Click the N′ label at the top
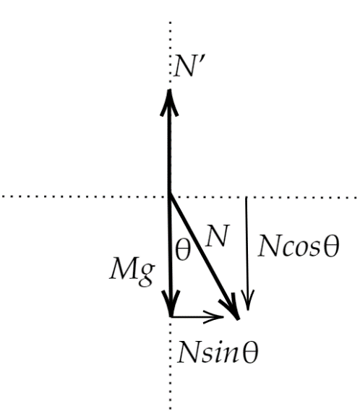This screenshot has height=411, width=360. point(186,66)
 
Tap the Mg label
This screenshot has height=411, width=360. point(132,272)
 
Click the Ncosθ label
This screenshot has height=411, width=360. point(299,246)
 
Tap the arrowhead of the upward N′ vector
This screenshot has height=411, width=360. point(169,103)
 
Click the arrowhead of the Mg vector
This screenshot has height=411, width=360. point(171,303)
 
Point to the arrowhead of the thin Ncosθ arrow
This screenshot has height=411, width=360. point(247,300)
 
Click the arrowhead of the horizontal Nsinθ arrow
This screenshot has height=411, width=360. point(213,317)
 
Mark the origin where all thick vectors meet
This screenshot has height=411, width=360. point(170,194)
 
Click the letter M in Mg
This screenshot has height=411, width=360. point(123,269)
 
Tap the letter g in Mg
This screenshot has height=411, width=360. point(147,275)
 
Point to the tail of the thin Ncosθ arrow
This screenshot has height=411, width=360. point(246,197)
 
